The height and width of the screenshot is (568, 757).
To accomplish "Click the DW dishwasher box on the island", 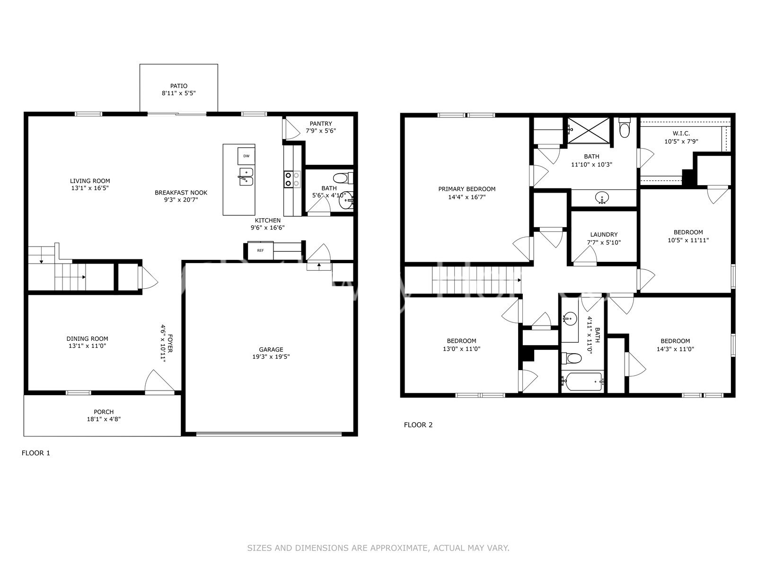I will point(246,156).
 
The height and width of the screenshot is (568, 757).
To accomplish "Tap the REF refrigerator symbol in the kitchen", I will point(260,250).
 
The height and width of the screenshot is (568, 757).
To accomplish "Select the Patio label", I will point(179,86).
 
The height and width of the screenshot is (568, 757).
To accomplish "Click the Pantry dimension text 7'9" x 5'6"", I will point(321,131).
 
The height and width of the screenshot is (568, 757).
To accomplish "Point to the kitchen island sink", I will point(246,177).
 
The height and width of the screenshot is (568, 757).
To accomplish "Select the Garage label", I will point(271,349).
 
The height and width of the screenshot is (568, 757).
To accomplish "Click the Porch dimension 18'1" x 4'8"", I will point(103,419).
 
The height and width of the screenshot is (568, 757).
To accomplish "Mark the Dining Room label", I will point(87,338).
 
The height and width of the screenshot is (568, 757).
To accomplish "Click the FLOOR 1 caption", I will point(36,453).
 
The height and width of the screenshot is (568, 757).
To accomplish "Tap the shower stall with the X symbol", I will point(589,131).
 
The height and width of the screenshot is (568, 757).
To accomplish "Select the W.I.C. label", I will point(681,133).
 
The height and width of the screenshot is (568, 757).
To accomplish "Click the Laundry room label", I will point(604,234).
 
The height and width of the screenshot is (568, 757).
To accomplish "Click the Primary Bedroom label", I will point(467,189).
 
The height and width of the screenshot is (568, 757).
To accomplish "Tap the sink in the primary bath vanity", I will point(602,197).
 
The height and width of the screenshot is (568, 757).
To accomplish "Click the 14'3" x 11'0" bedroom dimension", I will point(675,349).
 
